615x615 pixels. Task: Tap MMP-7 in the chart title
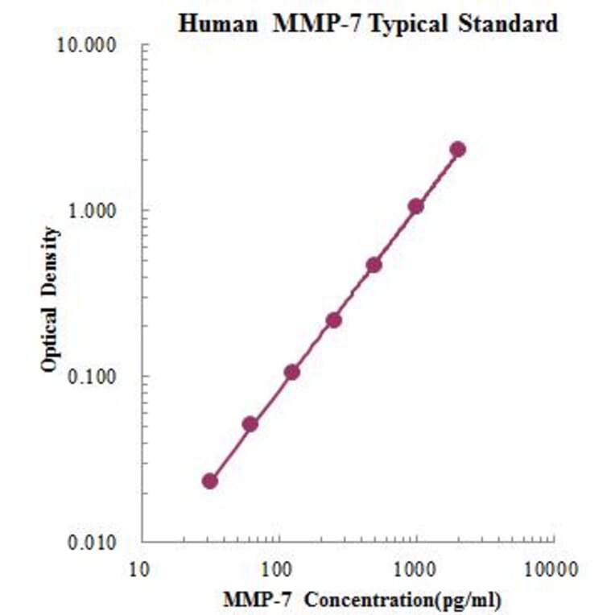click(308, 23)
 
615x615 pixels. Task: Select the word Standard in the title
click(509, 23)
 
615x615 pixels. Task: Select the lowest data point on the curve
click(210, 481)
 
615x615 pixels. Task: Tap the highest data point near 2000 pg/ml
click(458, 149)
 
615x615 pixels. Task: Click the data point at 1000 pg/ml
click(416, 206)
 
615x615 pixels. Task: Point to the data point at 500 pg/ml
click(374, 265)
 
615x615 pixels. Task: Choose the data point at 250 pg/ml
click(333, 320)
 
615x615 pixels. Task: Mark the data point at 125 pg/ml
click(292, 372)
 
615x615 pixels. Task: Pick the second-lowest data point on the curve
click(250, 424)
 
